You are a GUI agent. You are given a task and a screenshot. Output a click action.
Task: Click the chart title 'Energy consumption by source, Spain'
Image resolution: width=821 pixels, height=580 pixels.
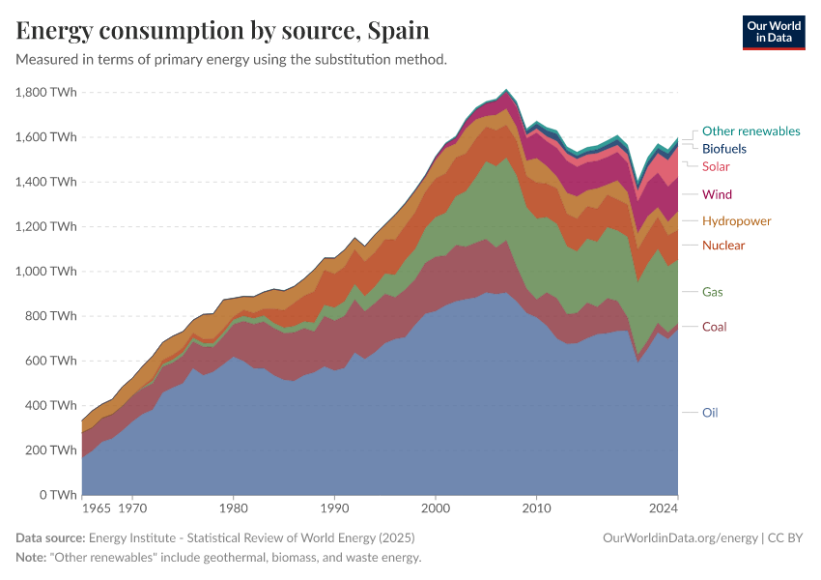click(223, 30)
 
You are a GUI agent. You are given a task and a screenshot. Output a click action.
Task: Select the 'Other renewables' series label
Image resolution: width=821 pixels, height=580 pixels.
click(750, 130)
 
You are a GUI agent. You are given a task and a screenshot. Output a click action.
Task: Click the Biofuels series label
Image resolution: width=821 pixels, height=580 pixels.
click(723, 149)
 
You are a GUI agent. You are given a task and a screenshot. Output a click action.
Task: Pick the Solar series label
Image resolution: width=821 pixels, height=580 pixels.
click(716, 166)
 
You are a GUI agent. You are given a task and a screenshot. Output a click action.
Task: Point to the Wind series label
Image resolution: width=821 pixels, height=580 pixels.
click(717, 194)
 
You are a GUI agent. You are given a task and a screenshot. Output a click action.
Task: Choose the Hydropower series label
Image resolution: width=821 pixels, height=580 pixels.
click(736, 220)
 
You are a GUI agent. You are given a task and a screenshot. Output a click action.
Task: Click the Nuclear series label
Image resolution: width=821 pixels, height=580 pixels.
click(723, 245)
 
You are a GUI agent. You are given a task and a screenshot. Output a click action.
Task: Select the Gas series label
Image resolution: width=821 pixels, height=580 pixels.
click(712, 291)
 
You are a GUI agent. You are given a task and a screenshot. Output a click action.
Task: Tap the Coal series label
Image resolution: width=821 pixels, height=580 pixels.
click(714, 326)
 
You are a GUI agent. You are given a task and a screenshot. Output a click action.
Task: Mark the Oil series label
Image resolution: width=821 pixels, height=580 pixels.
click(710, 412)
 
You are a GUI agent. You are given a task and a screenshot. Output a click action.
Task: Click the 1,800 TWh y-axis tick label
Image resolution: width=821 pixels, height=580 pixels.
click(46, 92)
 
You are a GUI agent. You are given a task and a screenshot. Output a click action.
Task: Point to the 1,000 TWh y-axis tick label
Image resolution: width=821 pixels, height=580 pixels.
click(46, 271)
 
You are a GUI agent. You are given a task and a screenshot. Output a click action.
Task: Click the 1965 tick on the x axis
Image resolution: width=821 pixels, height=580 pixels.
click(96, 507)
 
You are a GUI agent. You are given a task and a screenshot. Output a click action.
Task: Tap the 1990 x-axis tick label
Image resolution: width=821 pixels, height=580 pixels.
click(334, 507)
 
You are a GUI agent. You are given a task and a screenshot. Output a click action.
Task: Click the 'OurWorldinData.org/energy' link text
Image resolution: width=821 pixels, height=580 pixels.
click(679, 537)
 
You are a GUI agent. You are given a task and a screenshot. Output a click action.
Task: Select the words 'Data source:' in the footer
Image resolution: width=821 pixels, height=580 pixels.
click(50, 537)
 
